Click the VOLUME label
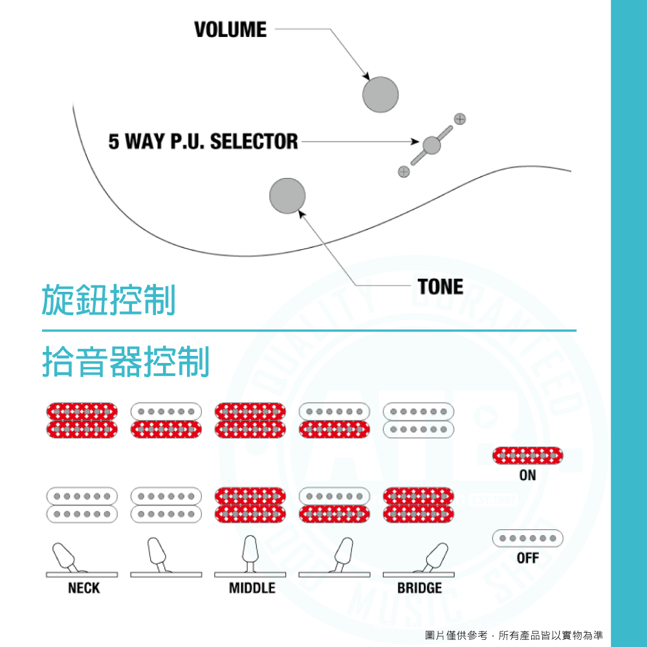point(230,30)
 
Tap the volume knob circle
point(380,94)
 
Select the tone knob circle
point(287,195)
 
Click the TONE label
point(441,287)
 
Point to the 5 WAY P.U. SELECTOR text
point(203,141)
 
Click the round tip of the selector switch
point(431,146)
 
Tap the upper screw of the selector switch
point(459,119)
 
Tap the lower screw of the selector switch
point(404,171)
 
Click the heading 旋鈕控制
point(109,301)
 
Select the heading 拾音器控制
point(126,362)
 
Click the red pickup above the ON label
point(528,455)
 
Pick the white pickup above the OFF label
point(528,538)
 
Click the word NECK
point(84,587)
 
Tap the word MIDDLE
point(252,587)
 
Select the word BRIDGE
point(419,587)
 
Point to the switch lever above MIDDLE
point(251,553)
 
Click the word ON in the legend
point(527,476)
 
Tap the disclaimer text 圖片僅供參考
point(459,635)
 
